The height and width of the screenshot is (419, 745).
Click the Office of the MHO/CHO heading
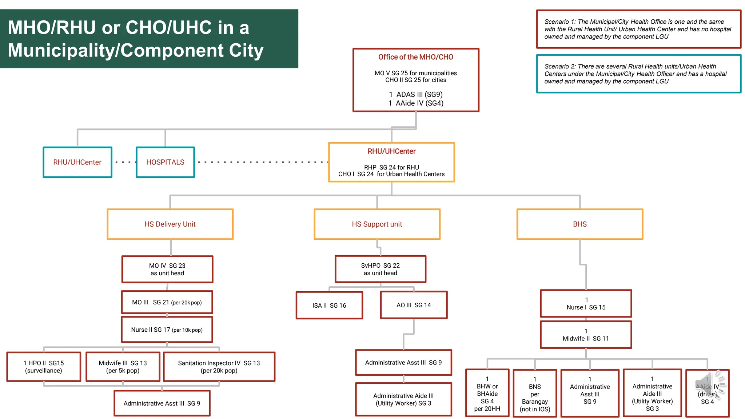tap(415, 57)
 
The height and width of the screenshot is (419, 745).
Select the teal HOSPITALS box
tap(165, 162)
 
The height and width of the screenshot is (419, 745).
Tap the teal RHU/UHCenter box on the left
tap(77, 162)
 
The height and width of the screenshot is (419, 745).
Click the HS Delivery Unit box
tap(170, 224)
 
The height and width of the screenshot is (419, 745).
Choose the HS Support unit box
tap(377, 224)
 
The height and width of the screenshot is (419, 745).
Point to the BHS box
tap(579, 224)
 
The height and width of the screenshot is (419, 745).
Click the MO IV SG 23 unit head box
tap(167, 270)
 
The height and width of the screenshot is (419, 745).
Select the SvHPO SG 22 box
tap(380, 269)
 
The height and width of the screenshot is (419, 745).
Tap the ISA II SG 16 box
tap(329, 306)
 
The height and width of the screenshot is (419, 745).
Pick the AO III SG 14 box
tap(414, 305)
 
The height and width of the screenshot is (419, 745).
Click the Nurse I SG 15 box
tap(586, 304)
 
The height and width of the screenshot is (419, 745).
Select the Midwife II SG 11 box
tap(586, 335)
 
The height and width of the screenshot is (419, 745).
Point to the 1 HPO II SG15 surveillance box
tap(44, 367)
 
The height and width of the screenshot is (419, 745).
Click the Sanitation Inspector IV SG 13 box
tap(219, 367)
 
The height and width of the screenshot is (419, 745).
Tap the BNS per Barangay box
tap(535, 394)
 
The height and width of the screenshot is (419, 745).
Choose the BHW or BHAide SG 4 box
tap(487, 393)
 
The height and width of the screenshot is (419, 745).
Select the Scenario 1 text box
tap(638, 29)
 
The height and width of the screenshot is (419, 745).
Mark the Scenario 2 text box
tap(638, 74)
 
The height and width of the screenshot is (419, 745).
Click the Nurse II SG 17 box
tap(167, 330)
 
